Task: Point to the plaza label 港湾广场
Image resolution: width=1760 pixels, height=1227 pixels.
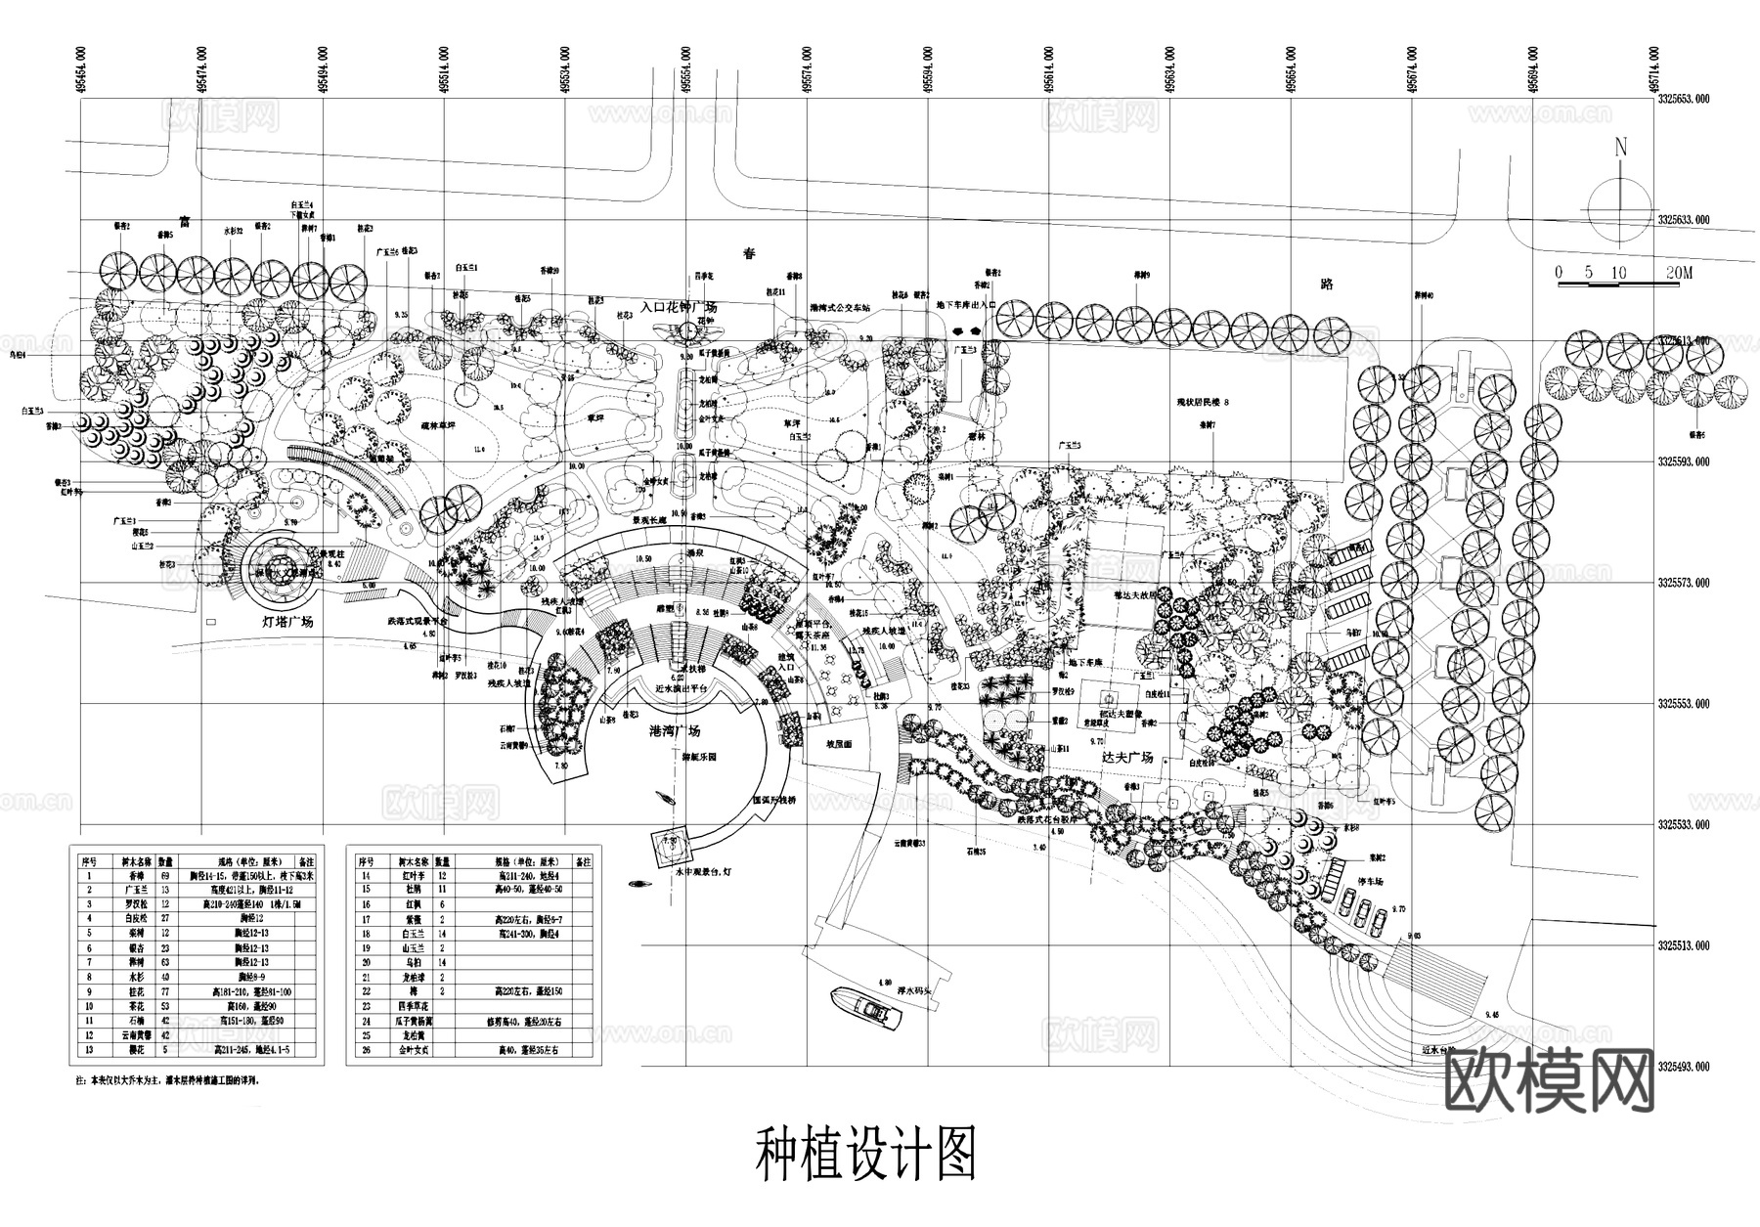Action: [x=675, y=730]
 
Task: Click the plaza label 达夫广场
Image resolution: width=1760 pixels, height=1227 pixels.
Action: [x=1127, y=757]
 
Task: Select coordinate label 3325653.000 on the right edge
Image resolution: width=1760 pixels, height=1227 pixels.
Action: [x=1683, y=98]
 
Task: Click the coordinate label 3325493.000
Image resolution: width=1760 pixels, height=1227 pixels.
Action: [x=1683, y=1067]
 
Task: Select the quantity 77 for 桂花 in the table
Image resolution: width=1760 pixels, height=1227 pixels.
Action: [x=164, y=990]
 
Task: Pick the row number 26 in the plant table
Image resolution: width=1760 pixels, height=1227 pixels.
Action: [x=367, y=1050]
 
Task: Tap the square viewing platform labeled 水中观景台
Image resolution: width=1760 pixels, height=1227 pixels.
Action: [x=672, y=843]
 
